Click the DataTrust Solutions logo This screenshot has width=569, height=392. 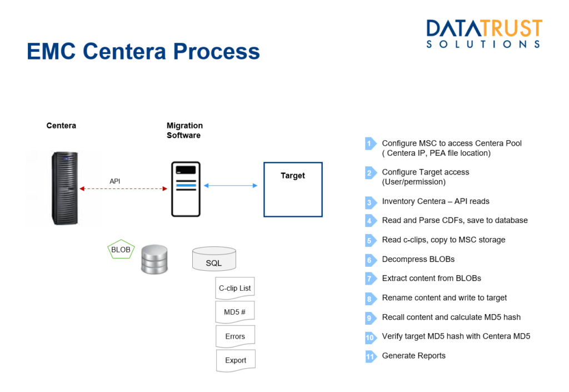(x=484, y=33)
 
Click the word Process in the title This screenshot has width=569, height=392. (x=216, y=51)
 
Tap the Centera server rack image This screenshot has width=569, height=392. (x=64, y=188)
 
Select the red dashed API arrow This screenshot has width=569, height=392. (x=123, y=188)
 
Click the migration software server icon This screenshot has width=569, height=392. (x=186, y=189)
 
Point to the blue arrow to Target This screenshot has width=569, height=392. (x=231, y=186)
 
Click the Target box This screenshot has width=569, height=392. (x=293, y=190)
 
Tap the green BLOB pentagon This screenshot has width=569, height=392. (x=121, y=249)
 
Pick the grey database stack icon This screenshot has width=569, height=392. (x=154, y=259)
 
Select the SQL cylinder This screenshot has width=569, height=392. (x=214, y=259)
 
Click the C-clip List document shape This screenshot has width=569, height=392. (x=235, y=288)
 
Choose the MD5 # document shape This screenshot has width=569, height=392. (x=235, y=312)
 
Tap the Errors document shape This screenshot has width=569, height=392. (x=235, y=336)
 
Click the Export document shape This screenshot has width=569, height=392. (x=236, y=360)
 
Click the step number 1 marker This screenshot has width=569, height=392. (x=371, y=143)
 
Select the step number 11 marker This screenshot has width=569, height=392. (x=371, y=356)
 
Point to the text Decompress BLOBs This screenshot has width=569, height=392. (x=418, y=259)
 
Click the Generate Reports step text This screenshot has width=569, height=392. (x=413, y=356)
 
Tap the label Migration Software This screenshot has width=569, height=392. (x=184, y=130)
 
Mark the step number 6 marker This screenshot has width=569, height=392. (x=371, y=260)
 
